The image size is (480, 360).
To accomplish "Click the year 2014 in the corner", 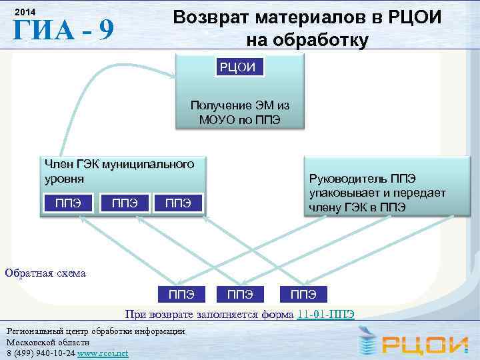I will [25, 13].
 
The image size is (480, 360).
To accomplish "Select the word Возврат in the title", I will [215, 17].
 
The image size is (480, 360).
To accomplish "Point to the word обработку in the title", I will [307, 41].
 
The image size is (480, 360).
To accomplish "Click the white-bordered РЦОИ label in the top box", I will [240, 67].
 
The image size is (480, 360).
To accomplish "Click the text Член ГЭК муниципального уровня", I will [119, 171].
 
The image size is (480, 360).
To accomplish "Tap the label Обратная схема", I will [45, 272].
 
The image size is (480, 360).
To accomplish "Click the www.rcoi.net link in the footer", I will [103, 352].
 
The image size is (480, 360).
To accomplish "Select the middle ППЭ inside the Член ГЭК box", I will [124, 203].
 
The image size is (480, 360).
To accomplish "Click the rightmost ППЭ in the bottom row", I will [303, 294].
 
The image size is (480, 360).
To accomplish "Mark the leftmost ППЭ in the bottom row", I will [181, 294].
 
